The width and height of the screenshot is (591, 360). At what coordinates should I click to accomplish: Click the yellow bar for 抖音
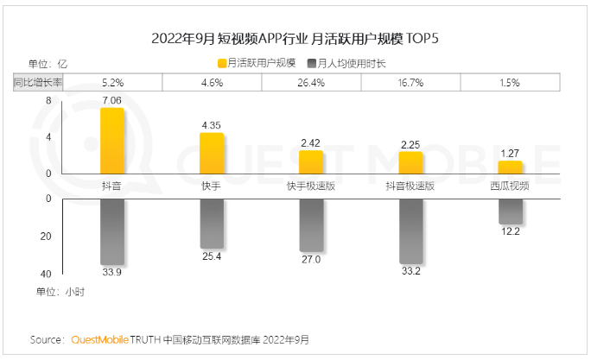[112, 142]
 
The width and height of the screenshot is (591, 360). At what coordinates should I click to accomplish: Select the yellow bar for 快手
[212, 154]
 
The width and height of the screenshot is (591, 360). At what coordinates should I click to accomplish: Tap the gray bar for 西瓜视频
[510, 212]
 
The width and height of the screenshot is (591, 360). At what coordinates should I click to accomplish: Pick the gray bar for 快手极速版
[311, 224]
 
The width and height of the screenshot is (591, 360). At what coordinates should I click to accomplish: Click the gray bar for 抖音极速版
[410, 231]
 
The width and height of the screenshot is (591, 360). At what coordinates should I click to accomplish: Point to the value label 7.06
[112, 101]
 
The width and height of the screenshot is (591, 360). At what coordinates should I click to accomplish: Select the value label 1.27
[510, 154]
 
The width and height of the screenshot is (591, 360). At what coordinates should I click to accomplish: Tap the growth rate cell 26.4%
[311, 83]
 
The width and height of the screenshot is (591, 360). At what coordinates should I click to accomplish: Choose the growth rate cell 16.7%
[410, 83]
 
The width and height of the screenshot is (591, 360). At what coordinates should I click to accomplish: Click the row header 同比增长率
[37, 83]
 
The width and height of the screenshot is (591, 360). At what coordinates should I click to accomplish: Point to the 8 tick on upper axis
[48, 101]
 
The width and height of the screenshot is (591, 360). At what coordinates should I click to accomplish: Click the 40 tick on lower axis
[47, 273]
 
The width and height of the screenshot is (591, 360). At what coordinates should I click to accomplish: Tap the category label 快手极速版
[311, 186]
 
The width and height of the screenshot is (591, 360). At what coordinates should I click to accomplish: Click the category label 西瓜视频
[510, 186]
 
